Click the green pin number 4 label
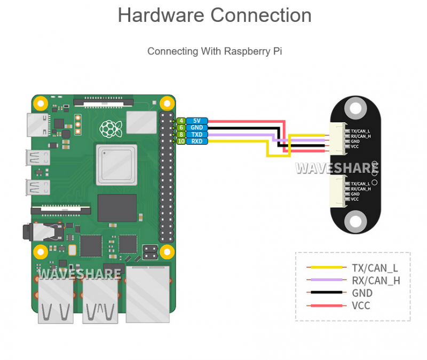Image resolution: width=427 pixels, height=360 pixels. [x=181, y=121]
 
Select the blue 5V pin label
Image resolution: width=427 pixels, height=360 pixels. [x=197, y=121]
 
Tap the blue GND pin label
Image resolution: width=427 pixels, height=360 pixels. [x=197, y=128]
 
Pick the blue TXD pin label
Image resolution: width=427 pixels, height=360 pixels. [x=197, y=135]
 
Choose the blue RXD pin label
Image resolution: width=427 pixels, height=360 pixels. [x=197, y=141]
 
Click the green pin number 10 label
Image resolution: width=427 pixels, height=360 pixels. [x=181, y=141]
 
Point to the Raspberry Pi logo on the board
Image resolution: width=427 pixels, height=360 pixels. [x=110, y=129]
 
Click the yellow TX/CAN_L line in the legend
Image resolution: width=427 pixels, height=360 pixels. [x=326, y=268]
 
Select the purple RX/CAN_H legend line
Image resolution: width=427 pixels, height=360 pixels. [x=326, y=280]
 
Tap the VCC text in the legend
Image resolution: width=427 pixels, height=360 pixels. [x=361, y=306]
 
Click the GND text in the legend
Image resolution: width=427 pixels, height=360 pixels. [x=362, y=293]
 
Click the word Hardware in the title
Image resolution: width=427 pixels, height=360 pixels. [x=161, y=15]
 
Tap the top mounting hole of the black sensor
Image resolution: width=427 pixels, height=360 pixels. [x=355, y=108]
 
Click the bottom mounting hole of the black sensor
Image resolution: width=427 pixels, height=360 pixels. [x=355, y=221]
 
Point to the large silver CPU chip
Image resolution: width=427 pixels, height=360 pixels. [x=116, y=165]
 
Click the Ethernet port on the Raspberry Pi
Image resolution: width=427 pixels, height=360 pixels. [x=148, y=294]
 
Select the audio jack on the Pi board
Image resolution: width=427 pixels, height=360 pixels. [x=43, y=232]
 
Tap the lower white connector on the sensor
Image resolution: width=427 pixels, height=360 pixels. [x=338, y=191]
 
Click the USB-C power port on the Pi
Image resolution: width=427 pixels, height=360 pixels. [x=38, y=125]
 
